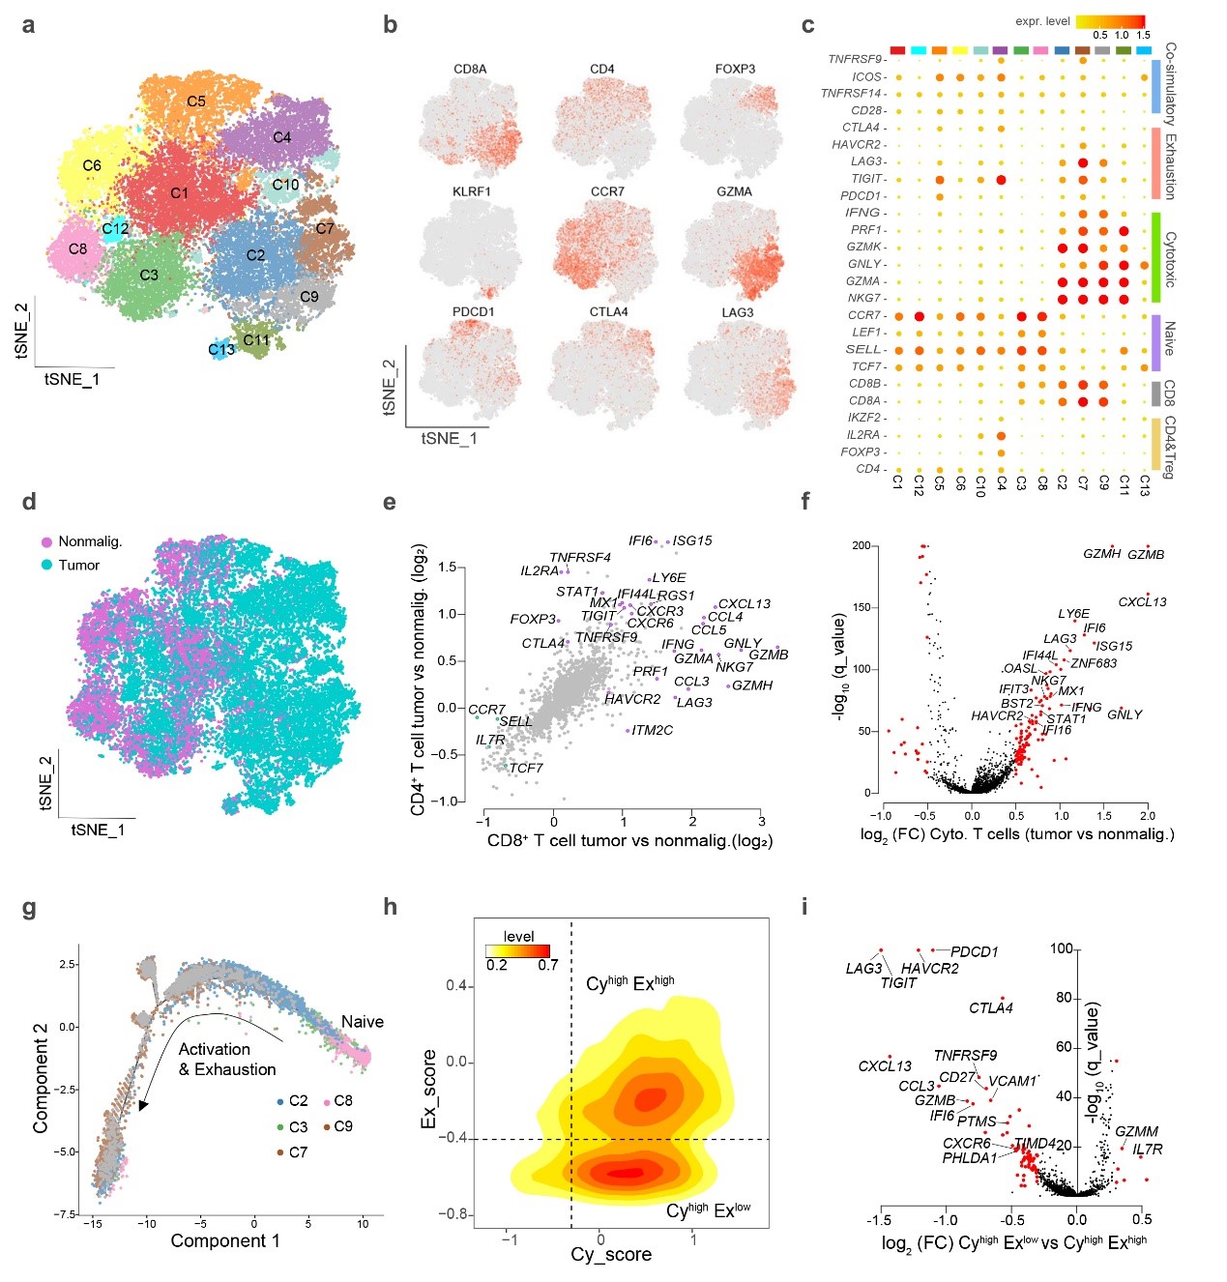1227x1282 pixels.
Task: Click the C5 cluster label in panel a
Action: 196,102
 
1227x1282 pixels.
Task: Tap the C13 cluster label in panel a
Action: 221,350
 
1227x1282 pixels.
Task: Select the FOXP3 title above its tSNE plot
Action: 735,70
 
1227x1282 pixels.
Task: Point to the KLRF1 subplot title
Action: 471,191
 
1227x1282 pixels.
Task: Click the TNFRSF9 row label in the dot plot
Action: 855,60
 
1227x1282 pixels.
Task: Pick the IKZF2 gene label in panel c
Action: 863,418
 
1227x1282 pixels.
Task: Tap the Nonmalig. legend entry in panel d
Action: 90,541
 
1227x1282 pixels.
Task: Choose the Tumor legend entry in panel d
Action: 78,565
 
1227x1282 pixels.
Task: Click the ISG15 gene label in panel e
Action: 692,541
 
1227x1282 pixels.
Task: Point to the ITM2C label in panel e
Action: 652,731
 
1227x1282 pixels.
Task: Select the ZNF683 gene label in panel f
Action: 1094,663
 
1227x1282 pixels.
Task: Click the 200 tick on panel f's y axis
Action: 861,546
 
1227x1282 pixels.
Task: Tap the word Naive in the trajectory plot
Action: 363,1022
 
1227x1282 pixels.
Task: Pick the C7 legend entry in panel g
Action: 298,1152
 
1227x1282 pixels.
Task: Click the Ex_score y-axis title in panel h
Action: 429,1089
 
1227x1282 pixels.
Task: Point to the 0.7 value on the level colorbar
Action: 547,965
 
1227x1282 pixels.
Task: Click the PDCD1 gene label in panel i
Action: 974,952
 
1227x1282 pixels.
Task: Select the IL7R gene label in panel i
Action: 1148,1150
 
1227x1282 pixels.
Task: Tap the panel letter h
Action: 391,907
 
